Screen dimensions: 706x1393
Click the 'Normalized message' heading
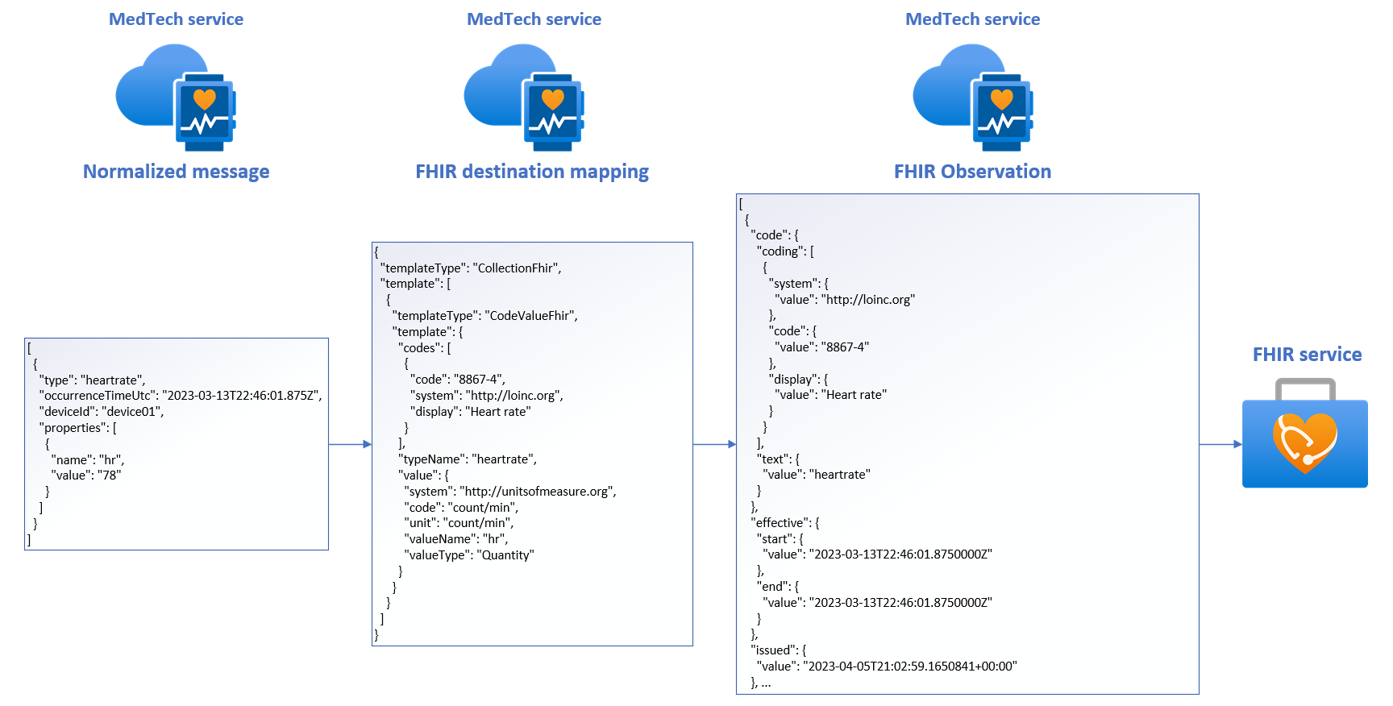tap(176, 172)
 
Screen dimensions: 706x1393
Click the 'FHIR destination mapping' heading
tap(531, 172)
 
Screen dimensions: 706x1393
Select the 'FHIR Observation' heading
tap(972, 172)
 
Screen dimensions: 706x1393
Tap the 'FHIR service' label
tap(1307, 355)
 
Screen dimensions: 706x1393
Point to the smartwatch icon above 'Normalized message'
tap(205, 111)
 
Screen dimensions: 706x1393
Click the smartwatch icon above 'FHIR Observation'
tap(1002, 111)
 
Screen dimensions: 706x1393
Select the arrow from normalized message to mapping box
tap(350, 444)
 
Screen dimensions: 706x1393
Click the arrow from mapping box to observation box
tap(714, 444)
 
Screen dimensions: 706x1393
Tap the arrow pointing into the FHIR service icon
tap(1220, 444)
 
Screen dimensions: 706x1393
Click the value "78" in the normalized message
tap(109, 476)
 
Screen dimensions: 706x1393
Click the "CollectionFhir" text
tap(517, 268)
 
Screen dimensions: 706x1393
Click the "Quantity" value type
tap(505, 555)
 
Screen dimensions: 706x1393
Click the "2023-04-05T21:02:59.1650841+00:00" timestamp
tap(912, 667)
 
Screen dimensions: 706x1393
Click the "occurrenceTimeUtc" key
tap(98, 396)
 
